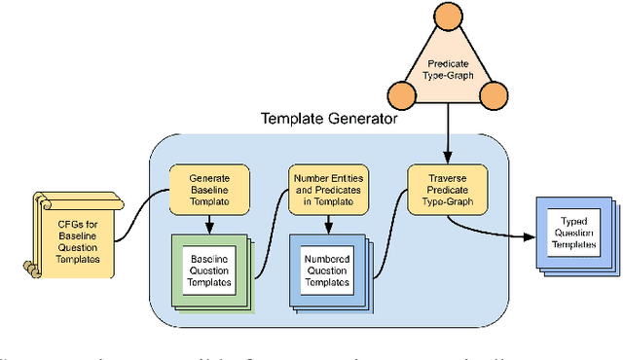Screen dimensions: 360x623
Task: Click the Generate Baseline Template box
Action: pyautogui.click(x=208, y=189)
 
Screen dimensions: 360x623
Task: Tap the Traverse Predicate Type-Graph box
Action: pyautogui.click(x=447, y=189)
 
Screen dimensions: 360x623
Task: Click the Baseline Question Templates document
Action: pyautogui.click(x=209, y=269)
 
